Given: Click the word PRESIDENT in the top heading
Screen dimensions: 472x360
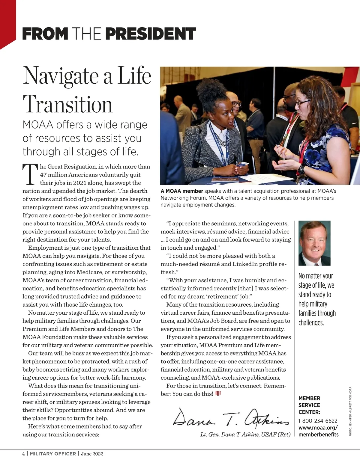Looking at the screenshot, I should pyautogui.click(x=151, y=34).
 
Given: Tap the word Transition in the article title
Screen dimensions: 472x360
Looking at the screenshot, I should pyautogui.click(x=67, y=104).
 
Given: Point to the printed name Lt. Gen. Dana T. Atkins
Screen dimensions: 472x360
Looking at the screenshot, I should pyautogui.click(x=245, y=435).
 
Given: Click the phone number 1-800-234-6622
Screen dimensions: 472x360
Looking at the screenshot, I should pyautogui.click(x=318, y=421).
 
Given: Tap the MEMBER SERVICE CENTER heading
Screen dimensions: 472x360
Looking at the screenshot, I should pyautogui.click(x=309, y=405).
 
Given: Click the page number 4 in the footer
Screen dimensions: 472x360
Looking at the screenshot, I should pyautogui.click(x=24, y=454).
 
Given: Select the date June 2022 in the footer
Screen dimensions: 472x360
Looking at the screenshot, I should pyautogui.click(x=92, y=454).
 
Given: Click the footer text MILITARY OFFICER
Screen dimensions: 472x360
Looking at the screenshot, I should pyautogui.click(x=53, y=454).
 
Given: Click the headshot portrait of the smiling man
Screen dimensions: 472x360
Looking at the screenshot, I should pyautogui.click(x=314, y=243).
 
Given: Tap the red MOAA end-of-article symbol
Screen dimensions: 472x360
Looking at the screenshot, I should pyautogui.click(x=218, y=393).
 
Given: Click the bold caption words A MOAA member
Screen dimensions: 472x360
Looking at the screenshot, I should pyautogui.click(x=182, y=191).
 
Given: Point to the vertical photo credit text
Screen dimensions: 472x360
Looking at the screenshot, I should pyautogui.click(x=350, y=411).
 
